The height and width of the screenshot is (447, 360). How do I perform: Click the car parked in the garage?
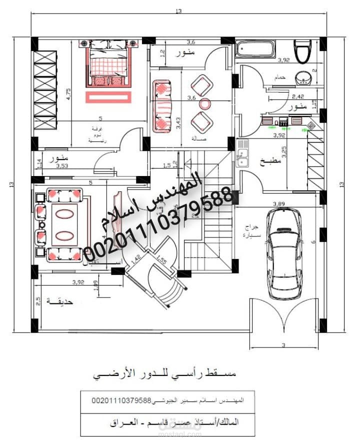click(283, 252)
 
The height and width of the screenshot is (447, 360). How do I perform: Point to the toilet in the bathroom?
click(303, 51)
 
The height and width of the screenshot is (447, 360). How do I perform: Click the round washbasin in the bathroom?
click(303, 78)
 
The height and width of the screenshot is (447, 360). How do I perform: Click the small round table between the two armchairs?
click(205, 104)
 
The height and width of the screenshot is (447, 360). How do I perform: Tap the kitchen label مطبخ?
click(270, 161)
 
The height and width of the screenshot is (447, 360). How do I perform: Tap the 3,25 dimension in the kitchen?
click(284, 152)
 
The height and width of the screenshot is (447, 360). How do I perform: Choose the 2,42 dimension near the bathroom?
click(297, 96)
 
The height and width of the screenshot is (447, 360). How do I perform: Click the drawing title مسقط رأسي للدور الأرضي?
click(164, 374)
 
